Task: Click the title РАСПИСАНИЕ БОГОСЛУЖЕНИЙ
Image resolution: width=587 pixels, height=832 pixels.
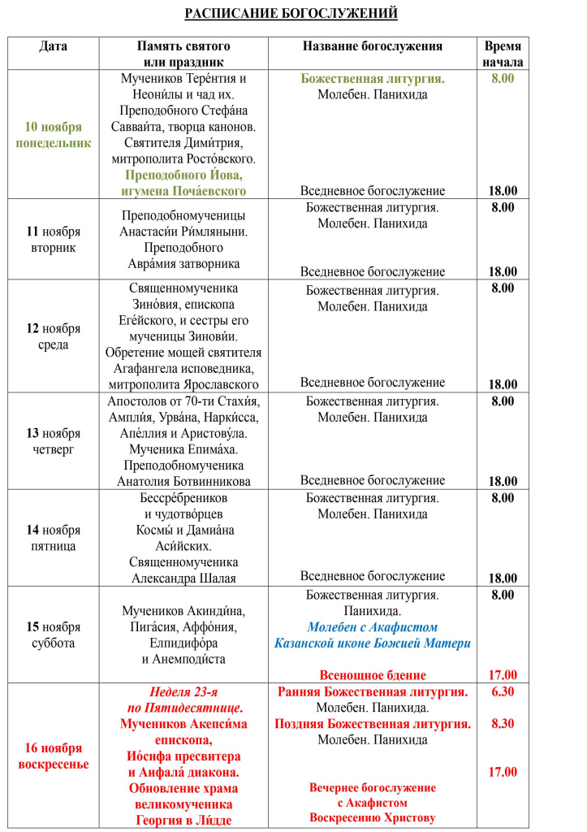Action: (x=291, y=14)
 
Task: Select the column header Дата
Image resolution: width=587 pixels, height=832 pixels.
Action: (x=54, y=46)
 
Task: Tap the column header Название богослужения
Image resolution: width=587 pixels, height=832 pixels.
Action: (x=373, y=46)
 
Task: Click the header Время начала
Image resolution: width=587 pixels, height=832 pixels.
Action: (x=503, y=54)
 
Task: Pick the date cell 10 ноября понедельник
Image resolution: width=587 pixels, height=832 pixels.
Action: (x=54, y=135)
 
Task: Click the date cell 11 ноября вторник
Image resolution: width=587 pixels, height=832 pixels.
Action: (x=54, y=240)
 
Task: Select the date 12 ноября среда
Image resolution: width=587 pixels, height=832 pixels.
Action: (x=54, y=336)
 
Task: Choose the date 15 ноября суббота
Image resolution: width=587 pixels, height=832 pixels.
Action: (x=54, y=635)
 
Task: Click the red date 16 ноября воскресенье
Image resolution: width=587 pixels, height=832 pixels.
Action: (x=54, y=756)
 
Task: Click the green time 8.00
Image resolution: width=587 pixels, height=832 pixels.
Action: (x=503, y=79)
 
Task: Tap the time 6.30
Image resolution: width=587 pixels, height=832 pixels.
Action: (x=503, y=691)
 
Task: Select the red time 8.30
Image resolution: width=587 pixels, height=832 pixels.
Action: (x=503, y=724)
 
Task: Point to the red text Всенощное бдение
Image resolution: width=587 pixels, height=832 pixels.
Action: (x=373, y=675)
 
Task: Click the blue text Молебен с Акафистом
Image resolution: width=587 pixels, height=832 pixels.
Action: (x=373, y=627)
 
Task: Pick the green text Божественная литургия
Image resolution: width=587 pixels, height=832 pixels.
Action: (x=373, y=79)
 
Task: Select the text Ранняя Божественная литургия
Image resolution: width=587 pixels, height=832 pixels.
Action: (x=373, y=691)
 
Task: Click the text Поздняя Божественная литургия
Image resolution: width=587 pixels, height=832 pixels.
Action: (x=373, y=724)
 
